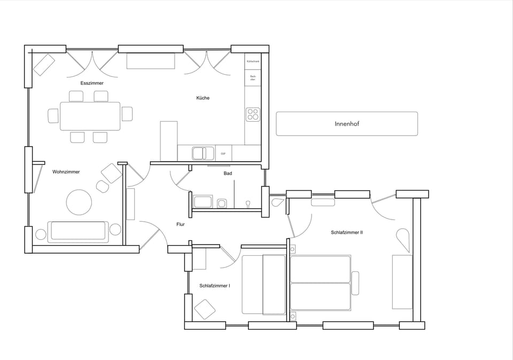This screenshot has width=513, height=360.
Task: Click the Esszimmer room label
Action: [92, 83]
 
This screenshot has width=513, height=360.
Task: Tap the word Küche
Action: [203, 98]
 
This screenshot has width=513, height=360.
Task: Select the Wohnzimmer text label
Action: [66, 172]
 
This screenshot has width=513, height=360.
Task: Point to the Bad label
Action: [228, 173]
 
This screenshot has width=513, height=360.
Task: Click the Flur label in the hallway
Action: [181, 224]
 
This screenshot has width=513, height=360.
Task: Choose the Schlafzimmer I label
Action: [215, 286]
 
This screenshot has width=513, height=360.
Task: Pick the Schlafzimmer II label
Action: [347, 232]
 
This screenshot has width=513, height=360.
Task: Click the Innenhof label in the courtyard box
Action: [346, 124]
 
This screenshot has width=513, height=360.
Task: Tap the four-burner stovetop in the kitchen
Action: [253, 114]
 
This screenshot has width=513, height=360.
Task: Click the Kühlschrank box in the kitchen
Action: [253, 61]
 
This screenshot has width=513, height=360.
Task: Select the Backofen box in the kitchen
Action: [253, 78]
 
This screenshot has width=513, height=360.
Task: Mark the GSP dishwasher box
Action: [223, 153]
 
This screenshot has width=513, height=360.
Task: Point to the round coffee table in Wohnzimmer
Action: [79, 202]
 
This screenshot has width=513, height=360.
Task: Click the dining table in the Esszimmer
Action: [90, 116]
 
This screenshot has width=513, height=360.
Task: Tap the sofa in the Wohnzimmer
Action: [78, 231]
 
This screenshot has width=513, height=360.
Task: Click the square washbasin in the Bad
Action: [222, 202]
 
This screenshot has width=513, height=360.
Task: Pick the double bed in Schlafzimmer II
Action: [320, 283]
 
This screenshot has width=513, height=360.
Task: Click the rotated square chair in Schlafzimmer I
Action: [205, 309]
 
